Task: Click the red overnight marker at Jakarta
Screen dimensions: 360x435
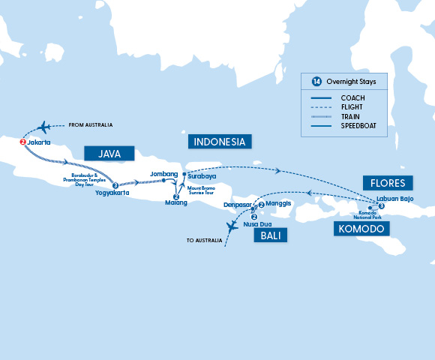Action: [x=22, y=142]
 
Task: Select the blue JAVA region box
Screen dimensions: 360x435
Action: [x=108, y=154]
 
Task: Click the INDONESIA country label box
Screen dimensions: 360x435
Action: [x=220, y=142]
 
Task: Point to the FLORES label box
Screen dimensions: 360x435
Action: [x=387, y=183]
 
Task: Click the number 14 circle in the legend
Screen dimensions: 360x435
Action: [x=316, y=80]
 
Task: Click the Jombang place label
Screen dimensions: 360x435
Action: [x=164, y=173]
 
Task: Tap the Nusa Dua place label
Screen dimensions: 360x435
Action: [x=257, y=224]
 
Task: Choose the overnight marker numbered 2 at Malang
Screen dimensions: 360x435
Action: [x=175, y=196]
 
